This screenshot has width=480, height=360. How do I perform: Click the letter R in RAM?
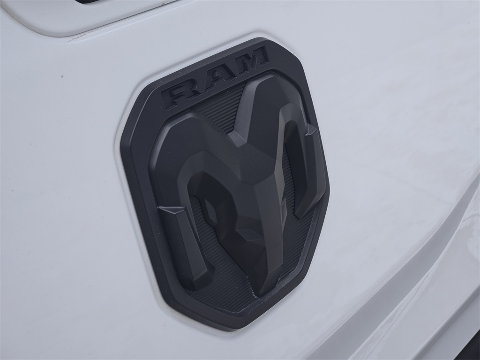point(180,93)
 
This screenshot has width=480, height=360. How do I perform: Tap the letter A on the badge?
point(215,76)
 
